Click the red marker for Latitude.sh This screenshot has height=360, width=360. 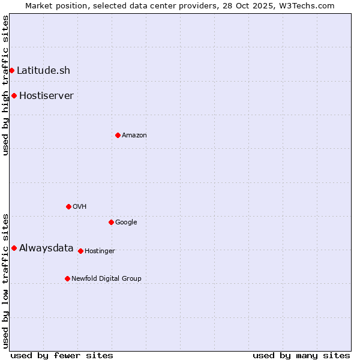pos(11,71)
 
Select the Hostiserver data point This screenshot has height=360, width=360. pos(14,96)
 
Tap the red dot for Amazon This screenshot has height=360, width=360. pos(118,136)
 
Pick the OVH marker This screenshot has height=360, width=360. pos(68,207)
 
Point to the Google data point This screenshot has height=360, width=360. pos(111,223)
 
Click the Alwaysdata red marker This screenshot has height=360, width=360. pos(14,248)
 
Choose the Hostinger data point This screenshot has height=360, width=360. pos(80,251)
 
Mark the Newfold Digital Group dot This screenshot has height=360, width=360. pos(67,279)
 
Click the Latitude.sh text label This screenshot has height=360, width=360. pos(43,71)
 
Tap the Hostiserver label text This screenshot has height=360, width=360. pos(46,96)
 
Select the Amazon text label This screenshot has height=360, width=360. pos(134,136)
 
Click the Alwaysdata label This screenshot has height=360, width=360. pos(46,248)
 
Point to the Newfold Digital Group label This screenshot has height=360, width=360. pos(106,279)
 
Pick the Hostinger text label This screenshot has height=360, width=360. pos(100,251)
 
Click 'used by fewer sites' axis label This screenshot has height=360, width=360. pos(62,355)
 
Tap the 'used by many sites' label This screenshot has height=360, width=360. pos(301,355)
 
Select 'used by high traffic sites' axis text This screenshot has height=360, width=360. pos(5,86)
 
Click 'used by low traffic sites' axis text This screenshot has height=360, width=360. pos(5,281)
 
